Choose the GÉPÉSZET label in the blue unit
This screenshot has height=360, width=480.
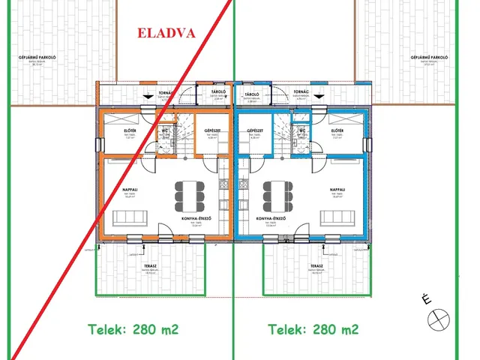(x=259, y=131)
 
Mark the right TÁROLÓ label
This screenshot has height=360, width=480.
(x=252, y=94)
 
